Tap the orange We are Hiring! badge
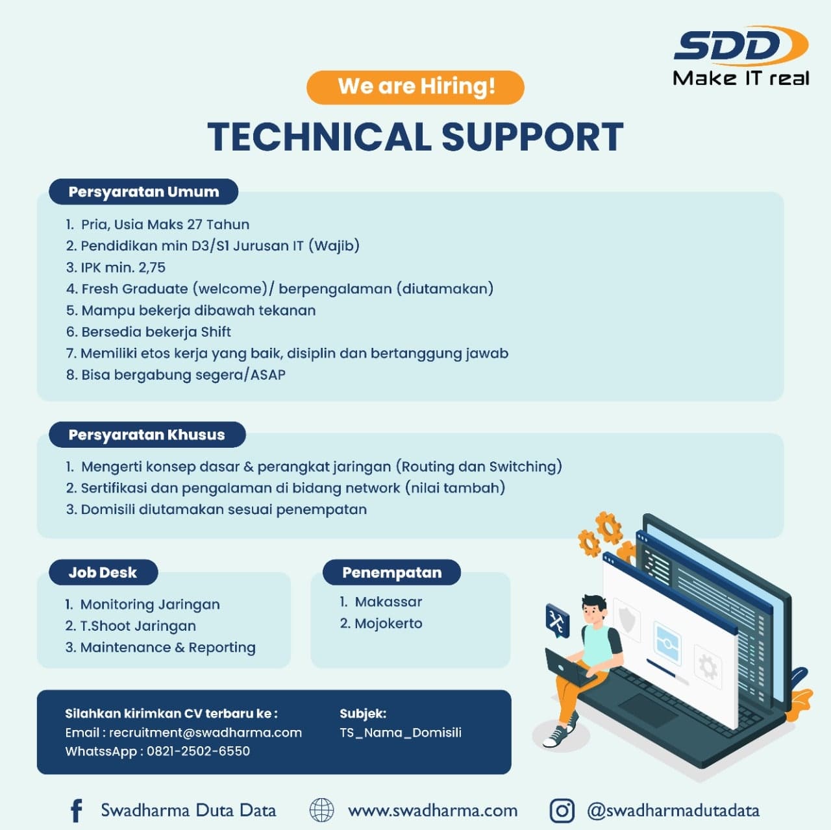(415, 87)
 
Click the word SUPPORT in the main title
(532, 137)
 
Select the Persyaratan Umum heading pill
(143, 191)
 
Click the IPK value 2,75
(152, 267)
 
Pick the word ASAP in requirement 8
(267, 374)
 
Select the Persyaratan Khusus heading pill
(147, 435)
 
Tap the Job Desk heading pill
(103, 572)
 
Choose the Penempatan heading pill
(391, 572)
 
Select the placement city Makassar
(388, 602)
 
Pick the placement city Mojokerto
(388, 623)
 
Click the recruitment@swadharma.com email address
(205, 733)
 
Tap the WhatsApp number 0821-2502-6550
(199, 751)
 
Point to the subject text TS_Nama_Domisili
(401, 733)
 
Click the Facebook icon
(77, 811)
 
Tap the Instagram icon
(562, 811)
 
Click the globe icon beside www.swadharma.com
(322, 810)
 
